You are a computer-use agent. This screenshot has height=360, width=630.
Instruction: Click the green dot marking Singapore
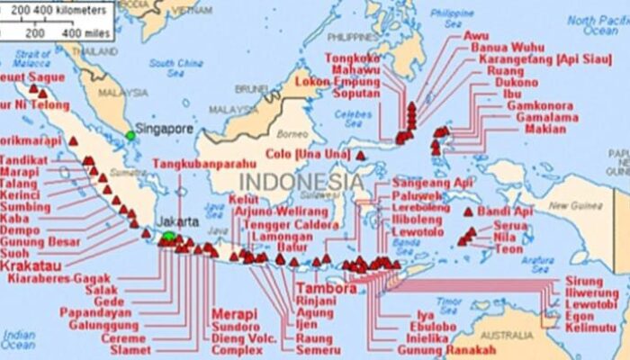[130, 135]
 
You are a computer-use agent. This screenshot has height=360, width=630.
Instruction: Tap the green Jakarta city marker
[168, 237]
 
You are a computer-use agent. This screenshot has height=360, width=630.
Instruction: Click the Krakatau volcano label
[31, 267]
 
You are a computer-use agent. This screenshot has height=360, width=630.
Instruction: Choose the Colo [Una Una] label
[307, 155]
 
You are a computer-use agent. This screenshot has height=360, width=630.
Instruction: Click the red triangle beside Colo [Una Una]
[360, 155]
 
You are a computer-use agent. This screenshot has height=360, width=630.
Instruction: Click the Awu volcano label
[475, 36]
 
